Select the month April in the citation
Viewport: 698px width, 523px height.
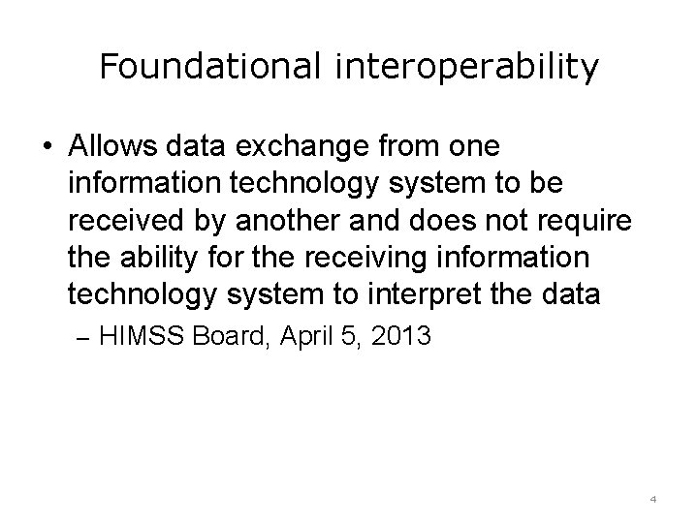tap(303, 338)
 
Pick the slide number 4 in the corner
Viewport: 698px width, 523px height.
tap(652, 500)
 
